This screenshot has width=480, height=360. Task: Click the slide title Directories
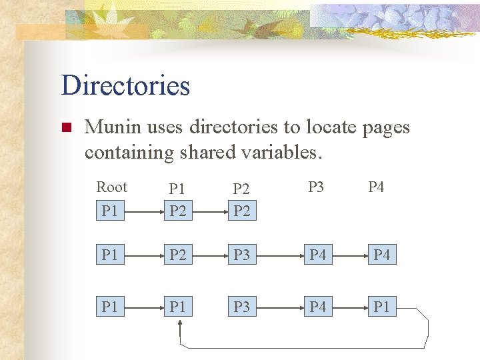tap(125, 86)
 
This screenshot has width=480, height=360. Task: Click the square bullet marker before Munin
tap(65, 127)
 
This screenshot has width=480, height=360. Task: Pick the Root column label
tap(112, 187)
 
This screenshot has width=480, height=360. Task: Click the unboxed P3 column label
tap(316, 187)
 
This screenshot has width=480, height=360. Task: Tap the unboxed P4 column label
tap(376, 187)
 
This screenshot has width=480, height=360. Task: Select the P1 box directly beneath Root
tap(109, 211)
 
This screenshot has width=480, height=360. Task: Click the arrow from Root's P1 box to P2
tap(144, 211)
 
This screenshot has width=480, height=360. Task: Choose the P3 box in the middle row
tap(242, 255)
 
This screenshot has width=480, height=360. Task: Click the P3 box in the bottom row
tap(242, 307)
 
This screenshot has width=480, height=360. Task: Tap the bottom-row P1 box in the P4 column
tap(381, 307)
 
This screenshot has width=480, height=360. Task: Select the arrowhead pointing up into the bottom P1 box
tap(179, 323)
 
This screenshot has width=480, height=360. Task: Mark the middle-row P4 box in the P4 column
tap(381, 255)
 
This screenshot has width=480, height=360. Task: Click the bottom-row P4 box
tap(317, 307)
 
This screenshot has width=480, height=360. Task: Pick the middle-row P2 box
tap(177, 255)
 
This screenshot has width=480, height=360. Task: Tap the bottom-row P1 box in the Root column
tap(109, 307)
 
